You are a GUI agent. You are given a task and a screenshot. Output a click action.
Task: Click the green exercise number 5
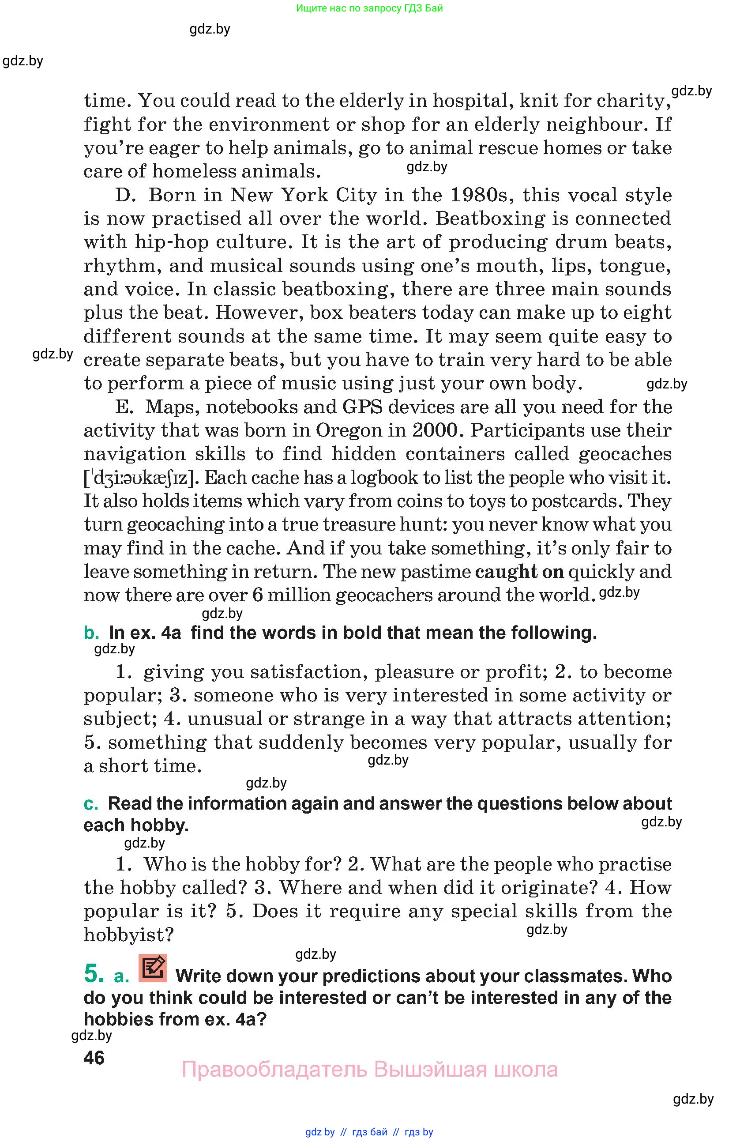[94, 973]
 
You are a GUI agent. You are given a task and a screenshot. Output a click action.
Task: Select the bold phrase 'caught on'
[519, 572]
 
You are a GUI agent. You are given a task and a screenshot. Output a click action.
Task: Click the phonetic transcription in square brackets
[142, 478]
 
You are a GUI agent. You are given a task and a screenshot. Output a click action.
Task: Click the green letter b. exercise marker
[91, 633]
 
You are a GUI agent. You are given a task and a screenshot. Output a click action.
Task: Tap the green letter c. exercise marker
[90, 804]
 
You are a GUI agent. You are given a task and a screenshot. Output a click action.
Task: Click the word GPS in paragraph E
[362, 407]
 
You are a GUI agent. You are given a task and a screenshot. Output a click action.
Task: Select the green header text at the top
[369, 8]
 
